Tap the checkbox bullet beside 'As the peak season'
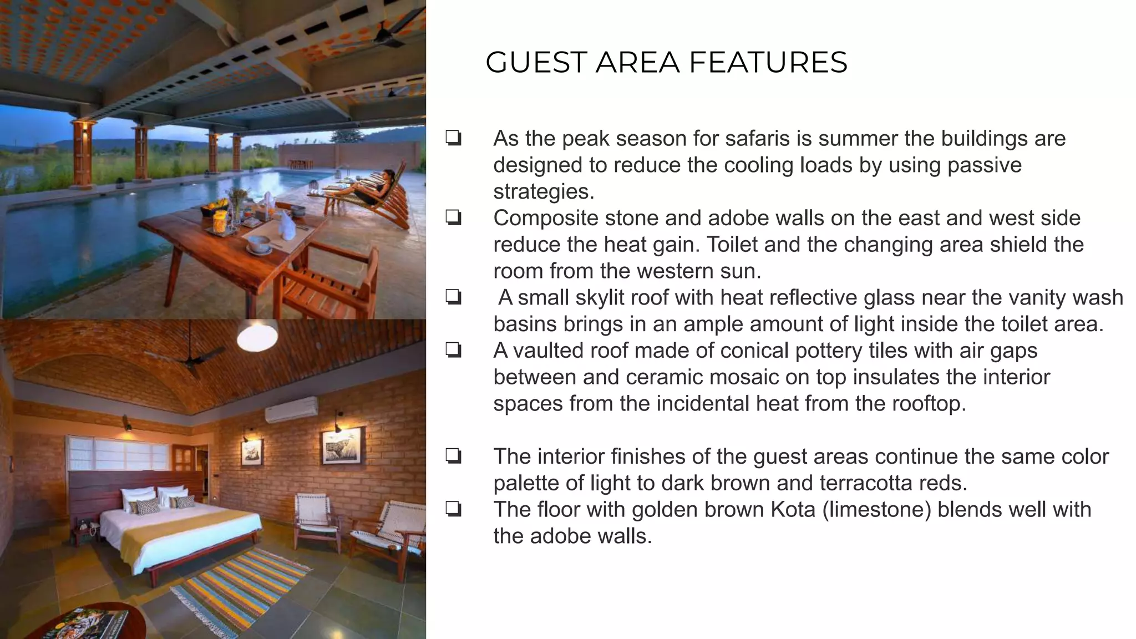pyautogui.click(x=453, y=138)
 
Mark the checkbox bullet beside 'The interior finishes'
pyautogui.click(x=453, y=457)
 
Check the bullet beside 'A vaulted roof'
pyautogui.click(x=453, y=351)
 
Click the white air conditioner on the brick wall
pyautogui.click(x=291, y=409)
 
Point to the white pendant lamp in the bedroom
pyautogui.click(x=257, y=336)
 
